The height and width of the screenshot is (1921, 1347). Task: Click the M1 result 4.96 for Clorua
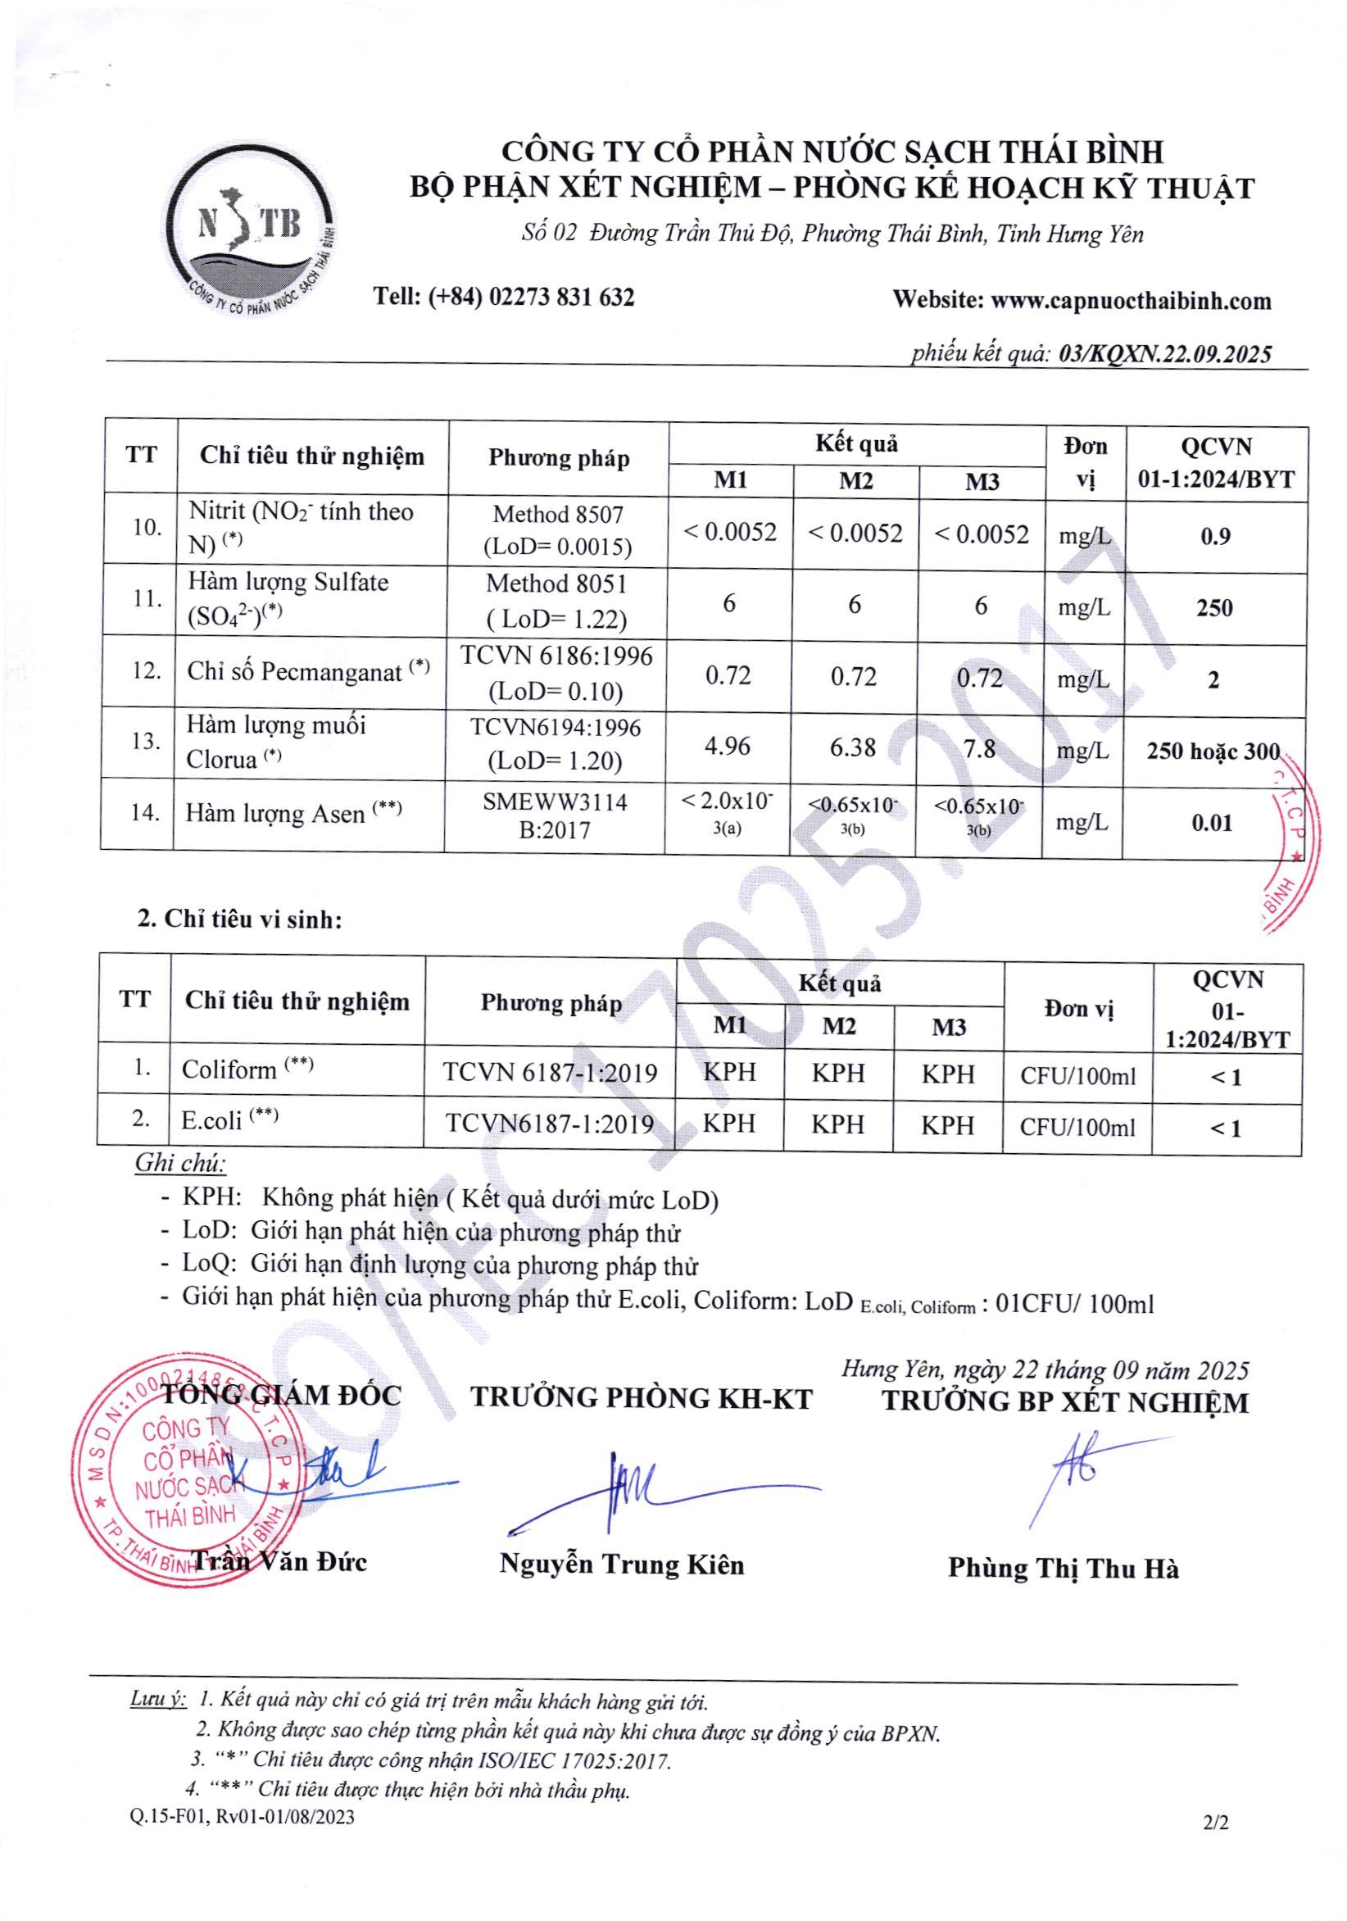[727, 746]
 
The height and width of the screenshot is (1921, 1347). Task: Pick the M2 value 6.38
[853, 747]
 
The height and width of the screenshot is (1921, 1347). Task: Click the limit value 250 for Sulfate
[1214, 608]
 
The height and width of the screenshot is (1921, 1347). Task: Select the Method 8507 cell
[558, 529]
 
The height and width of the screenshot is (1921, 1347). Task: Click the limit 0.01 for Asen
[1213, 824]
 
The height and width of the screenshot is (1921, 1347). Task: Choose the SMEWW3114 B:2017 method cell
[555, 815]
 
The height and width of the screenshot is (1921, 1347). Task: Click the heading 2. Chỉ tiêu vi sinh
[240, 920]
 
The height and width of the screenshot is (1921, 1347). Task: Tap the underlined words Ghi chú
[181, 1163]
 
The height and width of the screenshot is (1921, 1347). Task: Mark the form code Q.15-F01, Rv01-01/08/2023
[243, 1816]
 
